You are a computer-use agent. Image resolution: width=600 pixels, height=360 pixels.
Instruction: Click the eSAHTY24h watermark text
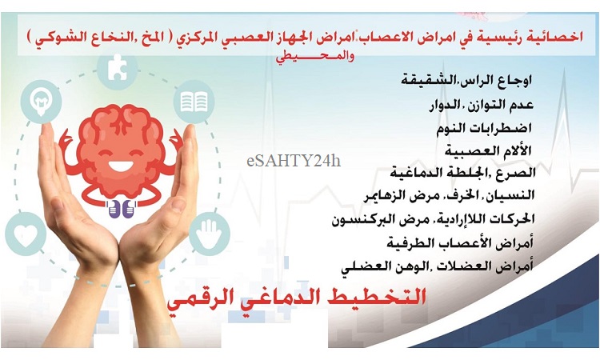tap(294, 161)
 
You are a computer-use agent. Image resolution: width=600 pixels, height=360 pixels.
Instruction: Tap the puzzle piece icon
tap(117, 69)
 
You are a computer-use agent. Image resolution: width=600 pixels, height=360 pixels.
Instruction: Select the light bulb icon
tap(41, 102)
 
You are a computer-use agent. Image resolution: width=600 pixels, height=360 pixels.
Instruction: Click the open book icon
tap(194, 102)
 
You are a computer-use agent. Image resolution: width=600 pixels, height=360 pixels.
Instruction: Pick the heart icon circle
tap(26, 234)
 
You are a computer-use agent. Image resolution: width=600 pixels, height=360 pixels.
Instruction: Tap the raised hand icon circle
tap(210, 234)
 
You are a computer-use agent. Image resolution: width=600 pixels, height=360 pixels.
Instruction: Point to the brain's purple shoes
tap(122, 209)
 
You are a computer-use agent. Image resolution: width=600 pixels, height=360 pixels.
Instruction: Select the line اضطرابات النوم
tap(485, 128)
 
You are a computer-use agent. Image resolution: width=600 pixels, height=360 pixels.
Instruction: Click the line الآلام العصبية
tap(488, 150)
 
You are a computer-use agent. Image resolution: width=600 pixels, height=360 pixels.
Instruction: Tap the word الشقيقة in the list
tap(424, 81)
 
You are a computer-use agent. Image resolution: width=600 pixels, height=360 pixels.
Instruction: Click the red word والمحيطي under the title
tap(315, 58)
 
